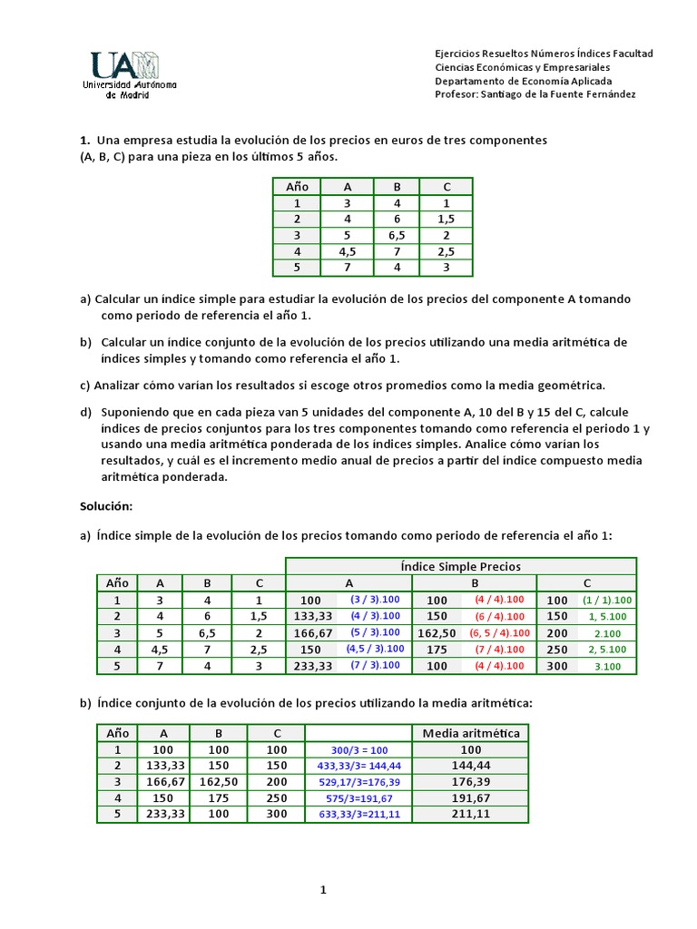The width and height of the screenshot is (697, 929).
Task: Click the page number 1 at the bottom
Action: pyautogui.click(x=322, y=890)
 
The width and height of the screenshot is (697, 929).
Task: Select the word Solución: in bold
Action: pyautogui.click(x=106, y=504)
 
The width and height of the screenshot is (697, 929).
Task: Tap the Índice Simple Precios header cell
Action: pyautogui.click(x=461, y=566)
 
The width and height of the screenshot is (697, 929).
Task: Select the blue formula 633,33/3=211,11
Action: pyautogui.click(x=358, y=815)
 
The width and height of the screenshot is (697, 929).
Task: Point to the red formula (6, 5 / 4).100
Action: pyautogui.click(x=500, y=632)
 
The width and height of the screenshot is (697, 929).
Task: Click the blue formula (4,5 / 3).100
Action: pyautogui.click(x=373, y=649)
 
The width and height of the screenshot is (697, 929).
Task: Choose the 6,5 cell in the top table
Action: pyautogui.click(x=397, y=236)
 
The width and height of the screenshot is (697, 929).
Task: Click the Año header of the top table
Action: pyautogui.click(x=298, y=187)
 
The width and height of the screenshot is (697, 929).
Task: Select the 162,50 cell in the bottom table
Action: pyautogui.click(x=218, y=782)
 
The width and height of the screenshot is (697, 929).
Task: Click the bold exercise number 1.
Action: pyautogui.click(x=84, y=141)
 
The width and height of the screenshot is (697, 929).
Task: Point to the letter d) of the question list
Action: pyautogui.click(x=86, y=412)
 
